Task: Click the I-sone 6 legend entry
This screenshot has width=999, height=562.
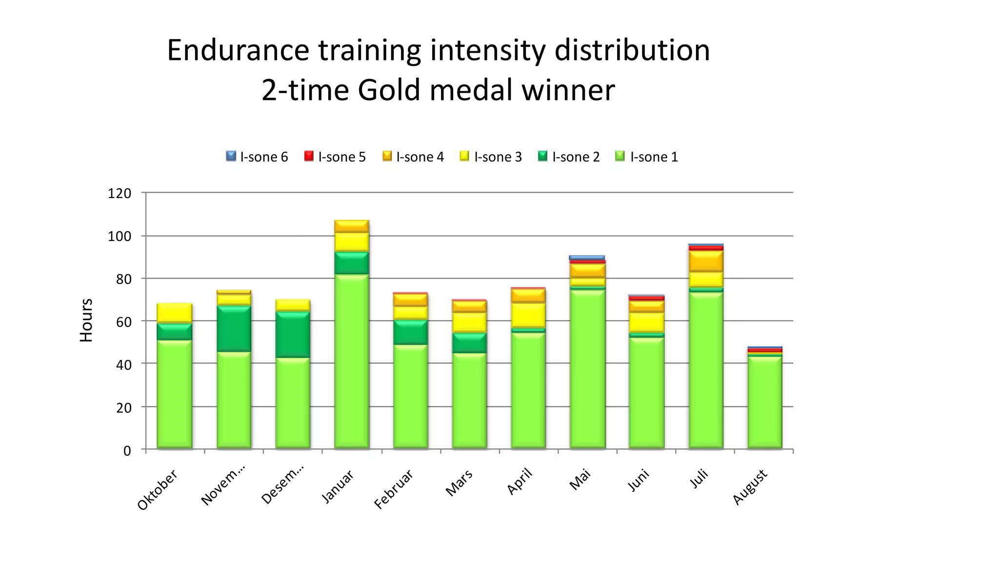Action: (x=257, y=157)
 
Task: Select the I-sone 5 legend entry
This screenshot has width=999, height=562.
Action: (x=335, y=157)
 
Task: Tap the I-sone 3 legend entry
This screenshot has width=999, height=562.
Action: (x=491, y=157)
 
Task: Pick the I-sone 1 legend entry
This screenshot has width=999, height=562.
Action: (x=647, y=157)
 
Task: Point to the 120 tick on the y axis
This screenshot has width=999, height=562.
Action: (x=120, y=193)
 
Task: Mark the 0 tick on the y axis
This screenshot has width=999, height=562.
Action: (x=127, y=450)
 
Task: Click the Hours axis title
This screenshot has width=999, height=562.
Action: (x=86, y=320)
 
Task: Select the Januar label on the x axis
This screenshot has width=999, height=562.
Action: (x=338, y=486)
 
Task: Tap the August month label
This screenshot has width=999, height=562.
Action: (x=750, y=486)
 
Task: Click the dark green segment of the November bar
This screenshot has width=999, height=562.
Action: (x=234, y=329)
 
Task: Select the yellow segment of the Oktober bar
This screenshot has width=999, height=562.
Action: (x=175, y=313)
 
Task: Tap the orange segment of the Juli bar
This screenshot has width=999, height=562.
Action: (x=706, y=261)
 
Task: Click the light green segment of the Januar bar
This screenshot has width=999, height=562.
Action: (x=352, y=361)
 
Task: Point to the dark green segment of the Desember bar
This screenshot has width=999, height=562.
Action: (x=293, y=335)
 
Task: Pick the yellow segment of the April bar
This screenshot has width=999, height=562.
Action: (x=528, y=315)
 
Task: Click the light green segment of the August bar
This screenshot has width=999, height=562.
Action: (x=765, y=402)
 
